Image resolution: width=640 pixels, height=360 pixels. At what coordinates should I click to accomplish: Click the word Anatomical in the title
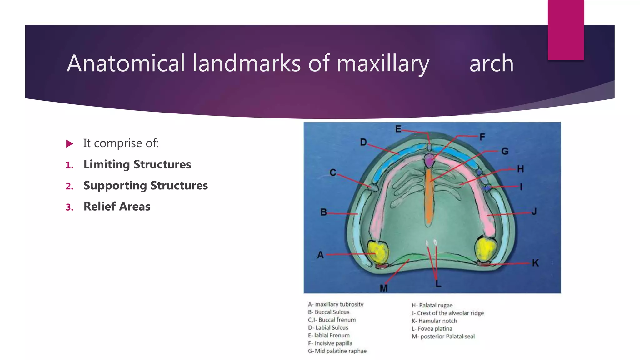126,63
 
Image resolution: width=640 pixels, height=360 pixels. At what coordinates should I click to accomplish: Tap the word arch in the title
491,63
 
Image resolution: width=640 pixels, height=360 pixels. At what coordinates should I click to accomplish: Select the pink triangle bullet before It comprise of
70,144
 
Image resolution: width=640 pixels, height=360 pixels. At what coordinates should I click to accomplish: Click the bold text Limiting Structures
137,164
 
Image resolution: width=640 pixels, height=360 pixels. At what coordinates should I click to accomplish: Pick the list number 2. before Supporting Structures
69,186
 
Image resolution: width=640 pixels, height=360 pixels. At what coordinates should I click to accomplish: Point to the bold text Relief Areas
117,207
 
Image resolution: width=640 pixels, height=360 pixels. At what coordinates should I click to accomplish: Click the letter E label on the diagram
398,129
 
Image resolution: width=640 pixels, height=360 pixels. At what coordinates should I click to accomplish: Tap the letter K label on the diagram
535,263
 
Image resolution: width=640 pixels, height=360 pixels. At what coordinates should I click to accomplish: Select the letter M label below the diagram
384,288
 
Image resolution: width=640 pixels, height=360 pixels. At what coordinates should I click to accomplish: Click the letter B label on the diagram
324,212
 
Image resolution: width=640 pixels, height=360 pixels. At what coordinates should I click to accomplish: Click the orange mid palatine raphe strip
428,197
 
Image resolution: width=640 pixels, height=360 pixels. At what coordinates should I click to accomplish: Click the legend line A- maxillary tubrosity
336,304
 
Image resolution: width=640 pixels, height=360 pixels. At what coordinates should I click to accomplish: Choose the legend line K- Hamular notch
434,321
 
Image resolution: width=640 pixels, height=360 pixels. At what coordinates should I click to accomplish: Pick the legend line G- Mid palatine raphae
337,351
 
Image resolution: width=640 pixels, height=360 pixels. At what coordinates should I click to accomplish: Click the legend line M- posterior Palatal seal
443,337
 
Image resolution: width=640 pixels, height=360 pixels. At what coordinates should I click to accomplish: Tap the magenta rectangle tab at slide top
566,30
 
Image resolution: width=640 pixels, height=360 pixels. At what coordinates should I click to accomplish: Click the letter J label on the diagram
534,212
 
